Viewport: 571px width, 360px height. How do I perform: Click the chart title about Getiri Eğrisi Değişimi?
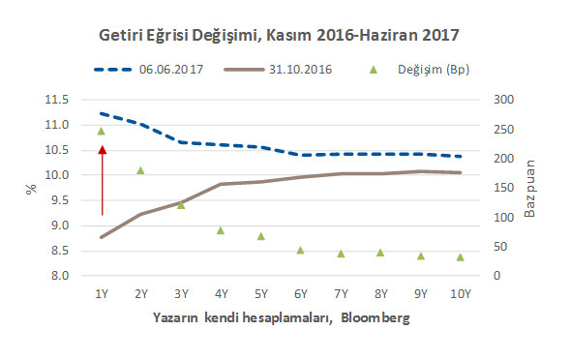point(279,36)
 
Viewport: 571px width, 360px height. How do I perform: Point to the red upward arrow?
point(102,180)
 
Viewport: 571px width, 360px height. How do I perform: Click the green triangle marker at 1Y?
point(101,131)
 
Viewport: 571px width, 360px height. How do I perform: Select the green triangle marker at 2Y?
point(140,170)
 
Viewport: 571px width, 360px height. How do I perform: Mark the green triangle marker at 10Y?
point(460,256)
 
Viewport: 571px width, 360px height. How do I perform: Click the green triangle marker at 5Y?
point(260,236)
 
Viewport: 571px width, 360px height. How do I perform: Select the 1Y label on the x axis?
point(101,293)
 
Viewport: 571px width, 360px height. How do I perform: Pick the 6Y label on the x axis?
point(300,293)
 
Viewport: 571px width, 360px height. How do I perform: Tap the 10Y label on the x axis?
point(460,293)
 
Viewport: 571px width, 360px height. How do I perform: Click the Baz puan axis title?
point(530,188)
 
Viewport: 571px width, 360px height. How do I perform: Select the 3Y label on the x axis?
point(180,293)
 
